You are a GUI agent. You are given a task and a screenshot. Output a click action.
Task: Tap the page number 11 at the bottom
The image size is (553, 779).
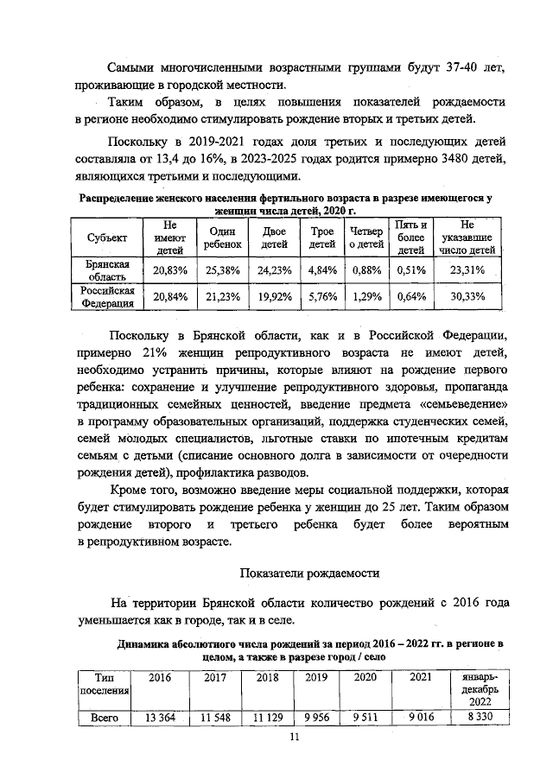tap(293, 736)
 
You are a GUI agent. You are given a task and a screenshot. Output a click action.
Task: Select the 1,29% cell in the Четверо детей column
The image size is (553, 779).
tap(366, 297)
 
